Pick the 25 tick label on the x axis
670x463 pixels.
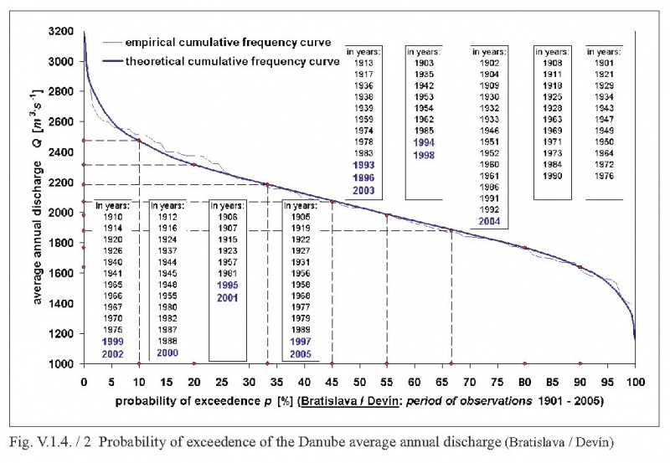[221, 379]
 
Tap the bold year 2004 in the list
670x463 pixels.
[490, 221]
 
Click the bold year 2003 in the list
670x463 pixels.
[363, 192]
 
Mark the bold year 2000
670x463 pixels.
[167, 353]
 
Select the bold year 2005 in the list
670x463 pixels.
[297, 353]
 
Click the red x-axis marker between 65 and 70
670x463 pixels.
[451, 363]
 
